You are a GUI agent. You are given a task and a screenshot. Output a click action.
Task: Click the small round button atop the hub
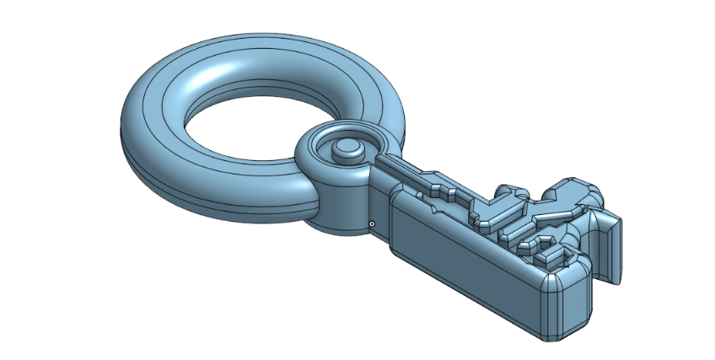coord(346,149)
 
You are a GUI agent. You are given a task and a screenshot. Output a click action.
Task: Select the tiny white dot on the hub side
coord(371,223)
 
